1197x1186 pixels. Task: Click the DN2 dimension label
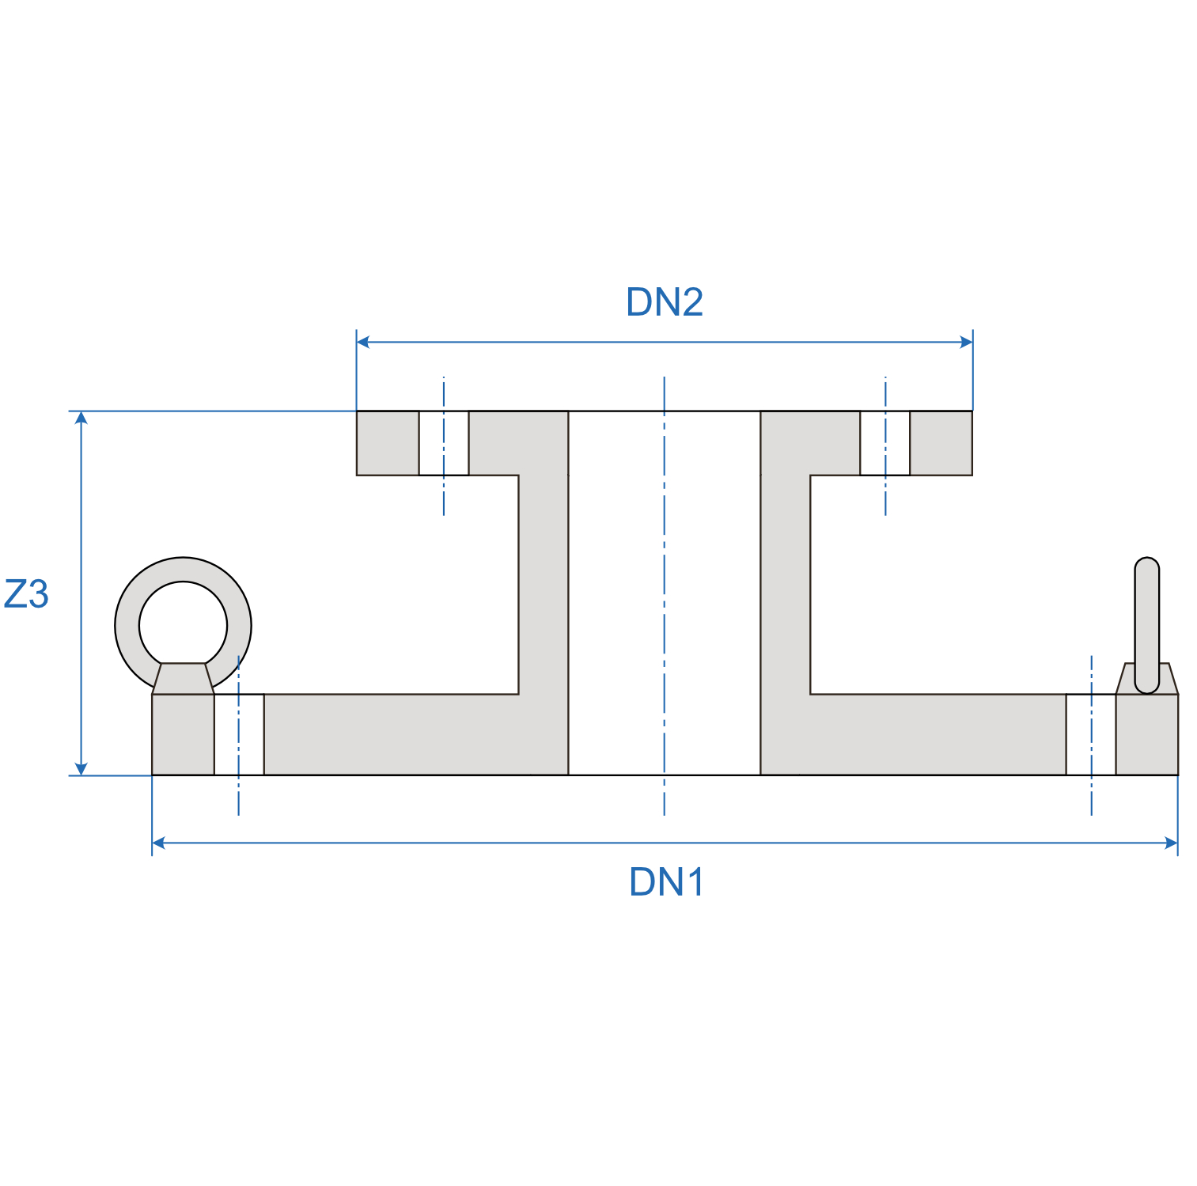(x=664, y=302)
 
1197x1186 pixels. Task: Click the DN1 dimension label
(x=666, y=882)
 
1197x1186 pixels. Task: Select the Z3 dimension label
(x=26, y=594)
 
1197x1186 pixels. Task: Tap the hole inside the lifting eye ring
(x=183, y=624)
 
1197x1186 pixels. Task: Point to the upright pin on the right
(x=1146, y=617)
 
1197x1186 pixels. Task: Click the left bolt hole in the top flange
(x=444, y=443)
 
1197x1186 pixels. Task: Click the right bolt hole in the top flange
(x=884, y=443)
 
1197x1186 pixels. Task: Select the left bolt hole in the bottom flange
(x=239, y=734)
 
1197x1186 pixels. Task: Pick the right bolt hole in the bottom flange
(x=1090, y=734)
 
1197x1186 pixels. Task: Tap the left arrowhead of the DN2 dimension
(x=363, y=342)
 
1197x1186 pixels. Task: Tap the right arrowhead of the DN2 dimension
(x=966, y=342)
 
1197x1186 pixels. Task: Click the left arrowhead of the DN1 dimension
(x=158, y=843)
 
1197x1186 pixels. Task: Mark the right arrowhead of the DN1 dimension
(x=1172, y=843)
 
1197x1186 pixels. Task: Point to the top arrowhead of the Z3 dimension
(x=81, y=418)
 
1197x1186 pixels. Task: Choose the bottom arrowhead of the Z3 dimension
(x=81, y=768)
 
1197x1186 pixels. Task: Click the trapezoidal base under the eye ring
(x=183, y=679)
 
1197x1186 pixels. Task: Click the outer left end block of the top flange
(x=388, y=443)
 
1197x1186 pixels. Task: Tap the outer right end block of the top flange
(x=941, y=443)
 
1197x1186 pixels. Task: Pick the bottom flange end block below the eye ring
(x=183, y=734)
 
